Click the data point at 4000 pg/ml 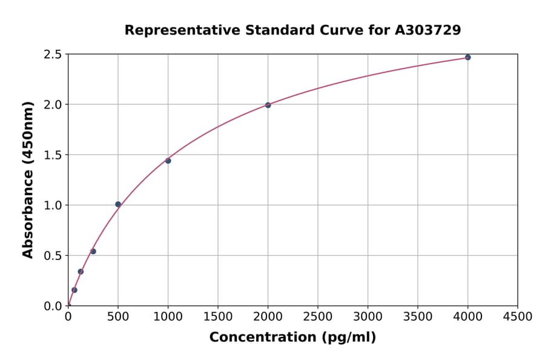tap(467, 58)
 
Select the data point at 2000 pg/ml tap(268, 105)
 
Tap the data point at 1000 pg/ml tap(168, 161)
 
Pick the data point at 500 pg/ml tap(118, 204)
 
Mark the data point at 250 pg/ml tap(93, 252)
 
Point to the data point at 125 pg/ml tap(81, 272)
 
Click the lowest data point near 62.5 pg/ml tap(74, 290)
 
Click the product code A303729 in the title tap(428, 30)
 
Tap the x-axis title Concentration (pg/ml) tap(292, 338)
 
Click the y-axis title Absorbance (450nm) tap(28, 179)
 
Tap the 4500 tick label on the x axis tap(517, 317)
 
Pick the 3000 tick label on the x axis tap(368, 317)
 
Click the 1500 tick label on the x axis tap(218, 317)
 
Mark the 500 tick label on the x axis tap(118, 317)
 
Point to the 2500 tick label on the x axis tap(318, 317)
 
